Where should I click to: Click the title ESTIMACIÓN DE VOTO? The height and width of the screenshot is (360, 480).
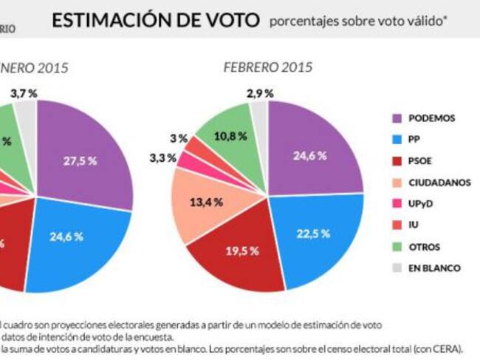(155, 21)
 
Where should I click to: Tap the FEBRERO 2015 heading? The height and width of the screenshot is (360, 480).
(267, 67)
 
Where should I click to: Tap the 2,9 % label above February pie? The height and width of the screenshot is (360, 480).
(259, 93)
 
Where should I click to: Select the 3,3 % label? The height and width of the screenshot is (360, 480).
(162, 157)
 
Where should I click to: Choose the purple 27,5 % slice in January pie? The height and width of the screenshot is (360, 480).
(81, 160)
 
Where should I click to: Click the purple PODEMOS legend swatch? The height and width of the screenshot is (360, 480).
(396, 118)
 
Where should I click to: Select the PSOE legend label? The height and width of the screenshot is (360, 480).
(422, 160)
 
